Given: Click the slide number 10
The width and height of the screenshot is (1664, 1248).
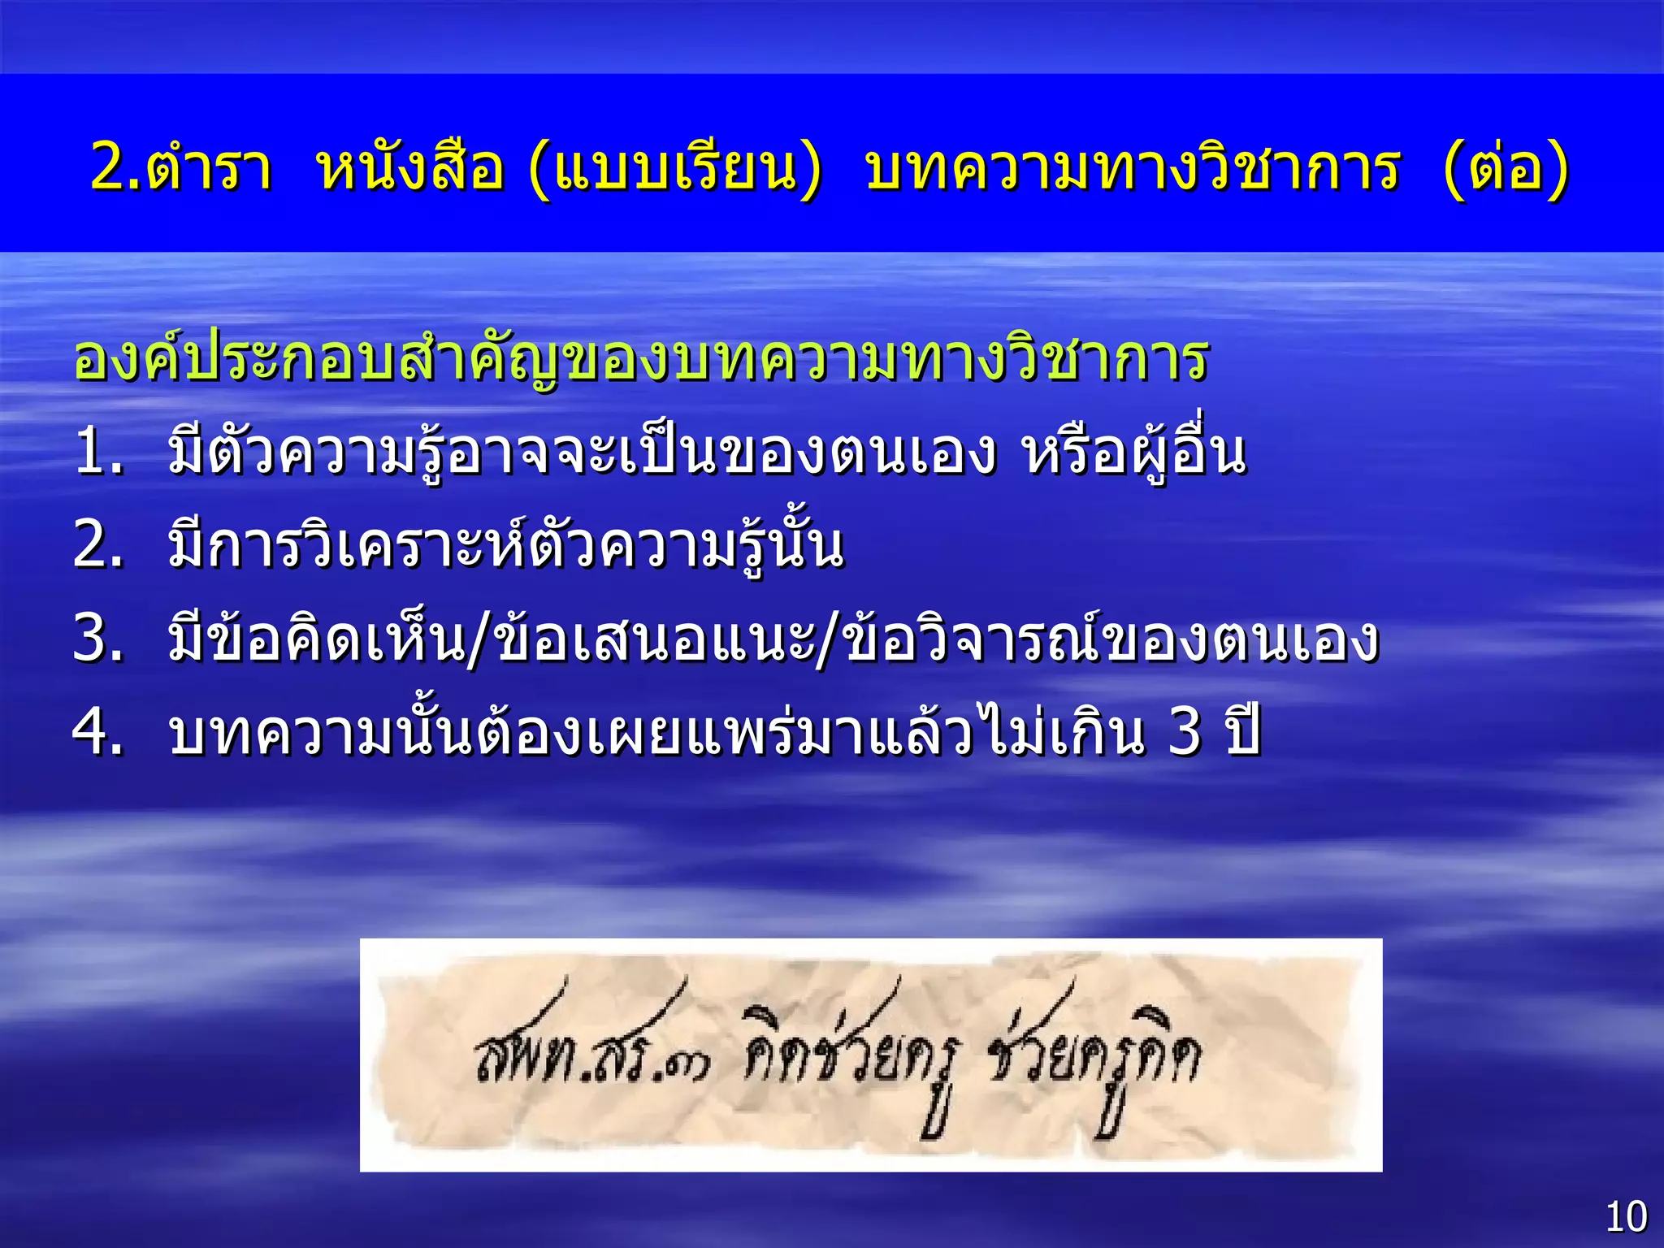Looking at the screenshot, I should pyautogui.click(x=1626, y=1216).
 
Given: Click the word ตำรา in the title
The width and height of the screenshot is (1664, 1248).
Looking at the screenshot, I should pyautogui.click(x=210, y=168).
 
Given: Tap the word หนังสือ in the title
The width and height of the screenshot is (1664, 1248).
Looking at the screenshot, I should pyautogui.click(x=410, y=168).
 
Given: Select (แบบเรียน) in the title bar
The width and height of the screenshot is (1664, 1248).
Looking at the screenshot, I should pyautogui.click(x=674, y=168).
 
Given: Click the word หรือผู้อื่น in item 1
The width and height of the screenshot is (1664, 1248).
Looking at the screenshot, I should pyautogui.click(x=1134, y=453).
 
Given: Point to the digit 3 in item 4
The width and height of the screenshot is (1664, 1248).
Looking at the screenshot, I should pyautogui.click(x=1184, y=733).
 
